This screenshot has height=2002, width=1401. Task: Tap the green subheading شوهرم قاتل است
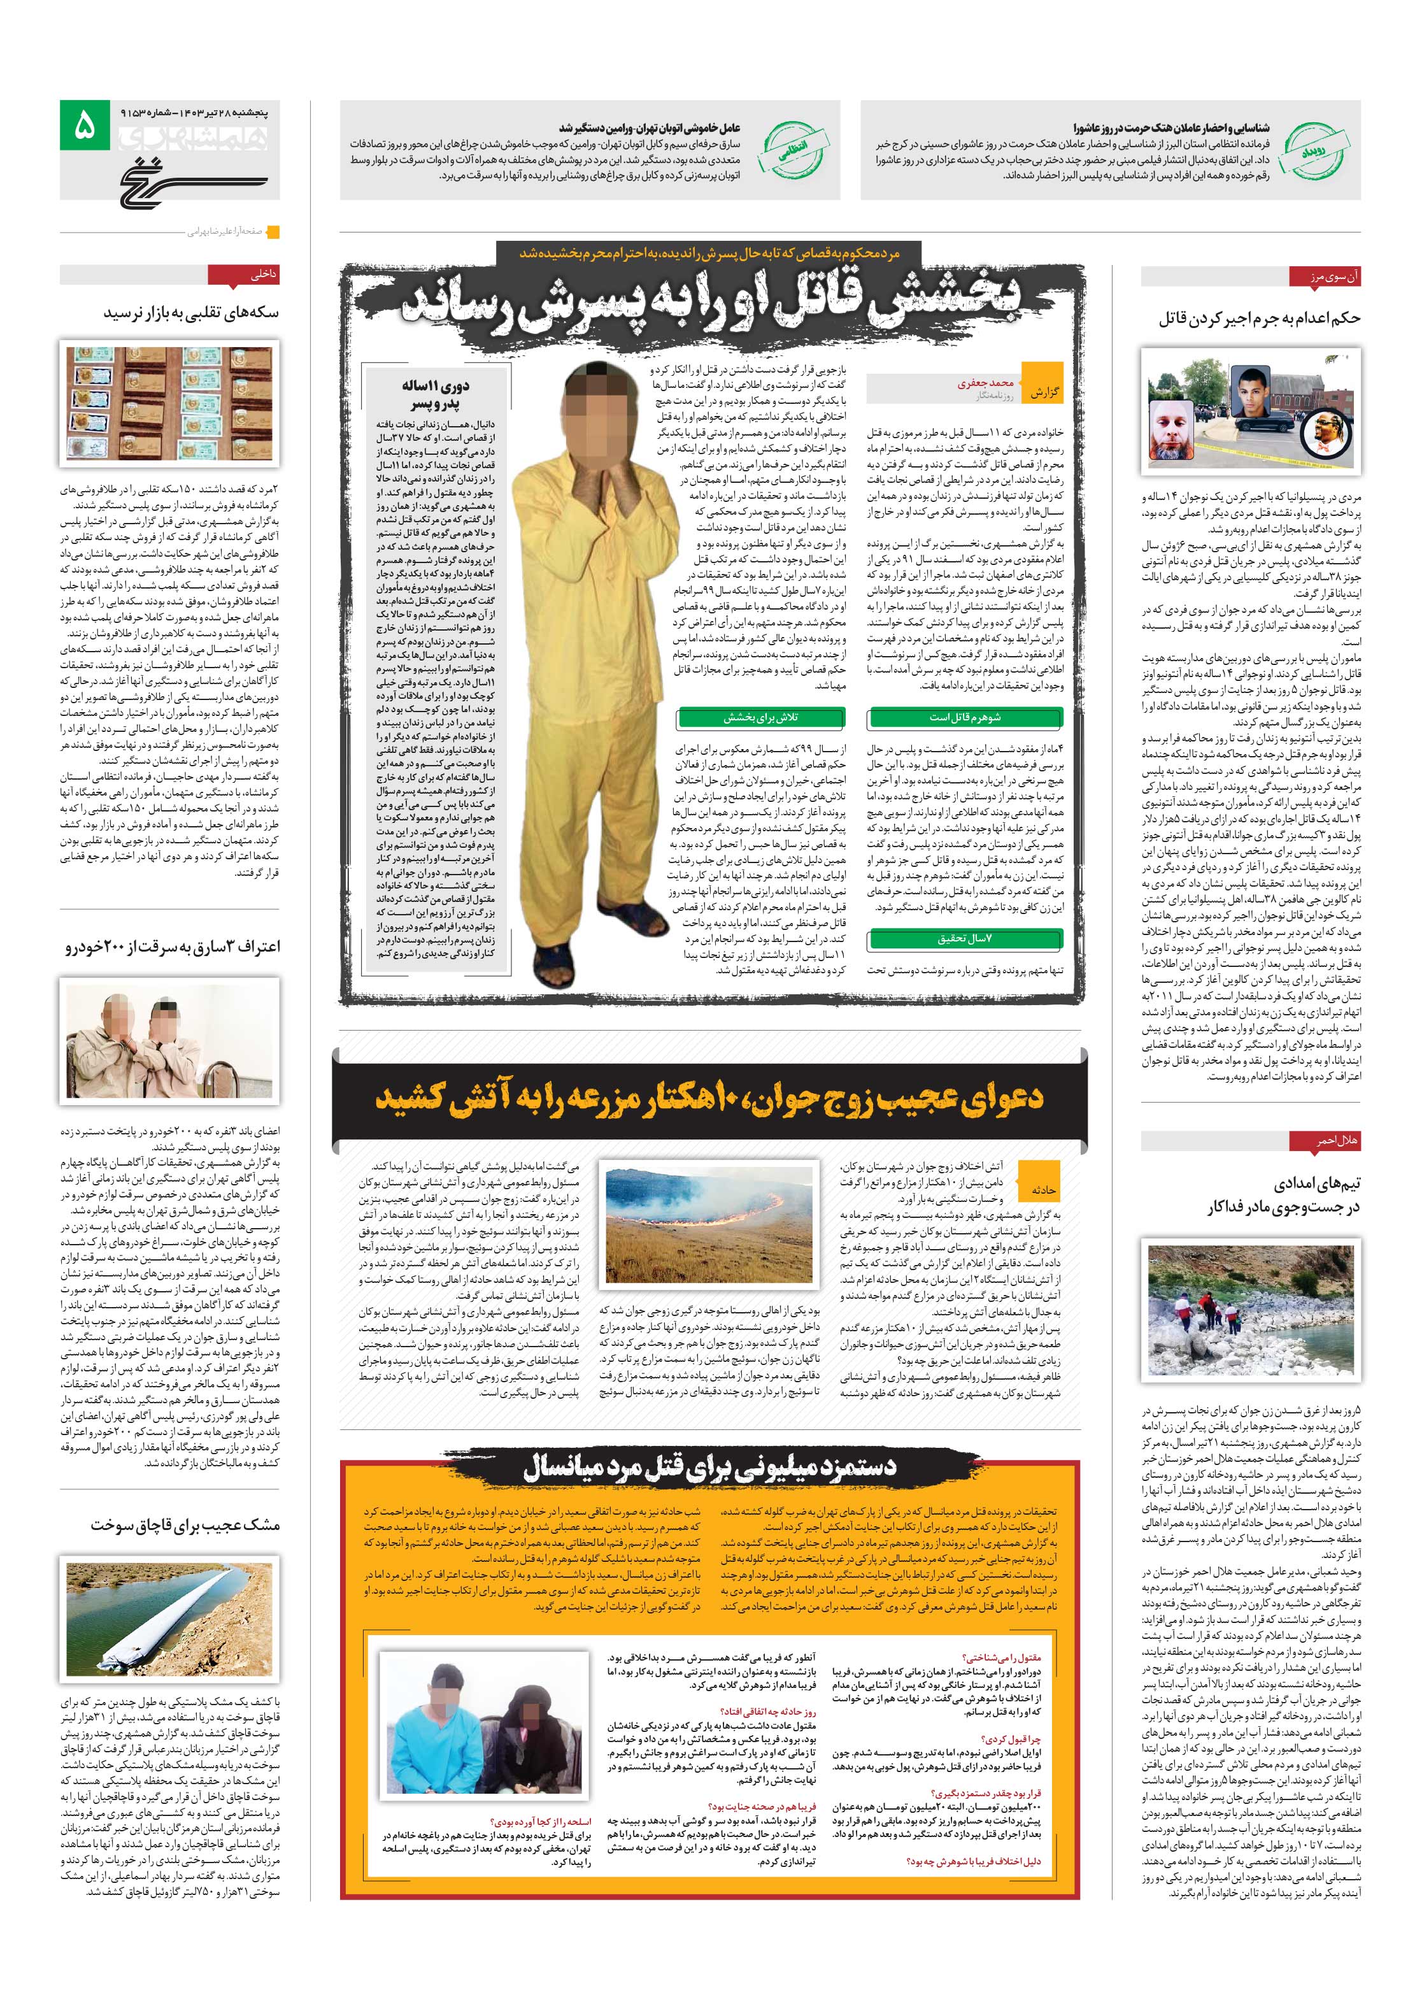click(964, 718)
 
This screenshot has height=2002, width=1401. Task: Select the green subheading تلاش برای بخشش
click(761, 718)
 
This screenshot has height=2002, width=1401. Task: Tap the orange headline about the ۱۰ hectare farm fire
click(709, 1096)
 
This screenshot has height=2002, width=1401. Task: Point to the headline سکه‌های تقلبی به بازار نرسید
click(191, 312)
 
